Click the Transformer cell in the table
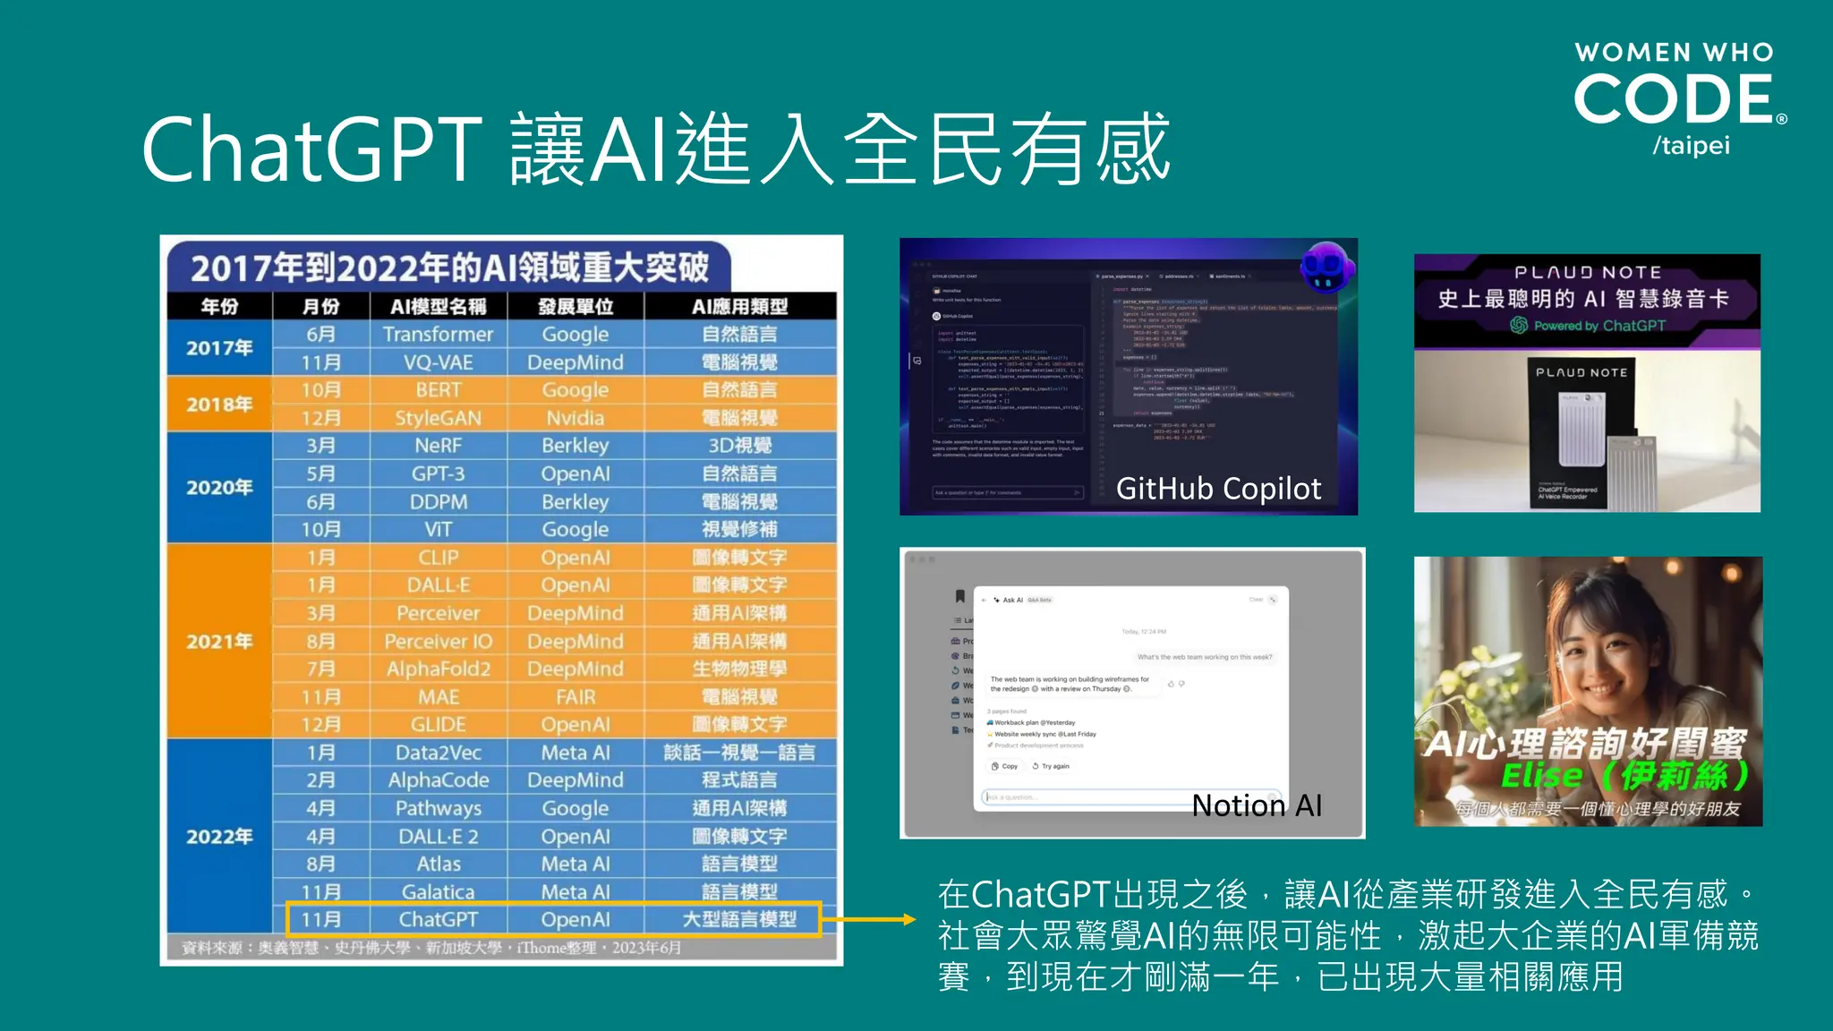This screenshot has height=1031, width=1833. (438, 335)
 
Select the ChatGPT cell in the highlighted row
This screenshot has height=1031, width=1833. (438, 919)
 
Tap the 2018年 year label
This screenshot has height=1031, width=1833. (219, 405)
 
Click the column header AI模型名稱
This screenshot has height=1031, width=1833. (438, 307)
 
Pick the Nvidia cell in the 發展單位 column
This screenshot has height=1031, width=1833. (575, 418)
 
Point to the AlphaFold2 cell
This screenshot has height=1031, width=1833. (438, 669)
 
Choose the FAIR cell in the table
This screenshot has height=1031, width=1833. (575, 696)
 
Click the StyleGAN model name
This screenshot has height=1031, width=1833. (438, 418)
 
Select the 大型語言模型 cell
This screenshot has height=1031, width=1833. (739, 919)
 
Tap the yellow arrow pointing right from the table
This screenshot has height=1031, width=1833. (868, 919)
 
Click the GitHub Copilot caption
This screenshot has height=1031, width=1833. (1218, 489)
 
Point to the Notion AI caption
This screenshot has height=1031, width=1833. (1257, 805)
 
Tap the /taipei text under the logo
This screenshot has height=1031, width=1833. (1691, 146)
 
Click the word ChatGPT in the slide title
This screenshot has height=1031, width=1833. (312, 149)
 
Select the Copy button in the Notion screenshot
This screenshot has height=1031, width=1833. (1005, 766)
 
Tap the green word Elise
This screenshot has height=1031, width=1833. (1541, 775)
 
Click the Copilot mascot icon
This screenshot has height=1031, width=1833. (1326, 267)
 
